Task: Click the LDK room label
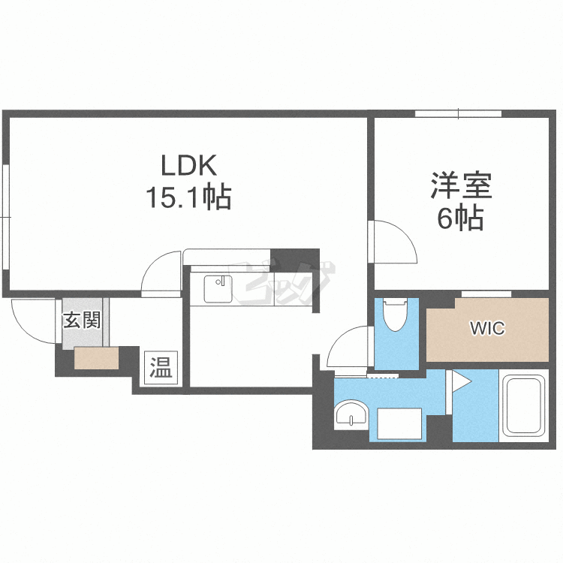click(x=189, y=165)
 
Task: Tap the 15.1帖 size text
click(x=188, y=197)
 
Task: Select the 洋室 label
click(x=461, y=185)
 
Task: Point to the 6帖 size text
click(x=460, y=218)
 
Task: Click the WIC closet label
click(x=487, y=328)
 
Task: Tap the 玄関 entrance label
click(x=82, y=320)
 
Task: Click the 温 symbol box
click(x=161, y=367)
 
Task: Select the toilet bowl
click(x=395, y=315)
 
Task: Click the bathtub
click(x=524, y=405)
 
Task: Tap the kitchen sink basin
click(x=218, y=289)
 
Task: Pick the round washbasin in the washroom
click(x=351, y=415)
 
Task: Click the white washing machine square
click(x=399, y=423)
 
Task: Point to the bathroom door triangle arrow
click(x=460, y=381)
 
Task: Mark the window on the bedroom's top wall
click(x=458, y=114)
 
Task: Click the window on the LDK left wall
click(x=5, y=216)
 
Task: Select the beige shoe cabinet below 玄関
click(x=96, y=358)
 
